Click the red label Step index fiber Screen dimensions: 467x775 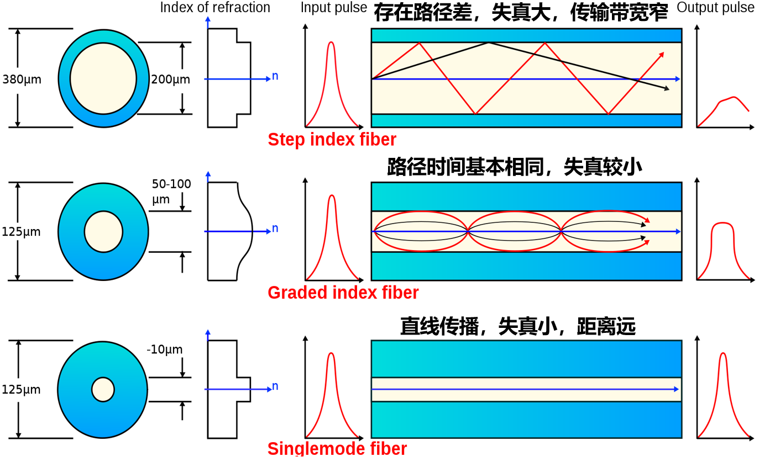pyautogui.click(x=332, y=140)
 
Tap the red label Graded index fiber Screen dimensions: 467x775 pyautogui.click(x=343, y=293)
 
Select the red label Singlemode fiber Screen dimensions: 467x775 pyautogui.click(x=337, y=448)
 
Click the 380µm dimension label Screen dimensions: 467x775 pyautogui.click(x=22, y=79)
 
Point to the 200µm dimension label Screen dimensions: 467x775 pyautogui.click(x=170, y=79)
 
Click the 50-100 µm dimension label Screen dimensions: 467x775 pyautogui.click(x=171, y=191)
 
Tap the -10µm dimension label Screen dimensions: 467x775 pyautogui.click(x=165, y=349)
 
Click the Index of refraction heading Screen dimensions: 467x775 pyautogui.click(x=215, y=8)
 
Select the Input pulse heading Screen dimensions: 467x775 pyautogui.click(x=333, y=8)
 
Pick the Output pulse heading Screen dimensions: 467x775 pyautogui.click(x=715, y=8)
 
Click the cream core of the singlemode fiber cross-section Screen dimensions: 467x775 pyautogui.click(x=103, y=390)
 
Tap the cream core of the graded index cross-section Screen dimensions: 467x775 pyautogui.click(x=103, y=232)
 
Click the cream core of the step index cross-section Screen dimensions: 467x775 pyautogui.click(x=103, y=78)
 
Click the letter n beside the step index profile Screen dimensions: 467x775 pyautogui.click(x=275, y=76)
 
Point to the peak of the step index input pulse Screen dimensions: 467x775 pyautogui.click(x=331, y=43)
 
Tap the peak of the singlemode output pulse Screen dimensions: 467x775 pyautogui.click(x=723, y=354)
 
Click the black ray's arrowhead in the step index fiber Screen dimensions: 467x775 pyautogui.click(x=667, y=88)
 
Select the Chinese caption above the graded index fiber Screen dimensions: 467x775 pyautogui.click(x=514, y=166)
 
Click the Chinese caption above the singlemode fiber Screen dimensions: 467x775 pyautogui.click(x=518, y=326)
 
